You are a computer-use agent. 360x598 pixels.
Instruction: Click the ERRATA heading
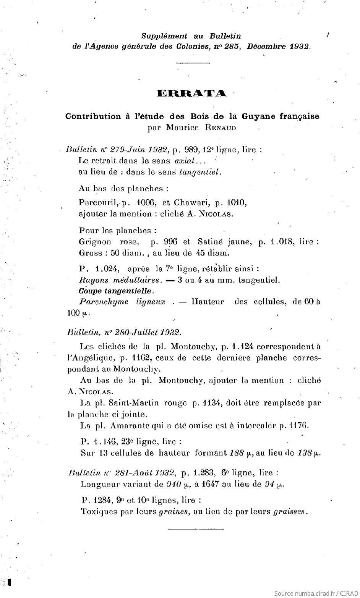[192, 94]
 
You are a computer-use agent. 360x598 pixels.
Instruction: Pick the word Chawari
[190, 202]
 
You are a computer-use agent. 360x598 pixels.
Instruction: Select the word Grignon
[95, 242]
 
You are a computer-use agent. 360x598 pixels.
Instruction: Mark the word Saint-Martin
[135, 403]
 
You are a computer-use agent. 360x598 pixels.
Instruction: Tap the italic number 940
[174, 485]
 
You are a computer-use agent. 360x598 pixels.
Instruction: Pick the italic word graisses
[289, 512]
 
